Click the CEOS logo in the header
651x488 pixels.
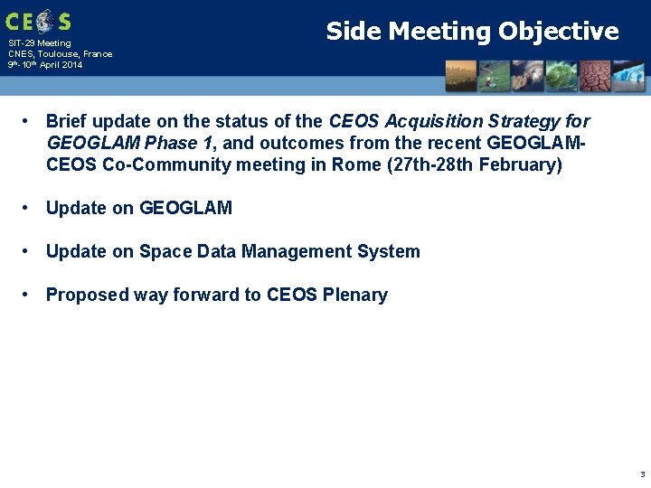[x=37, y=21]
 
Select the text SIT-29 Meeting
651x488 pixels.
[x=39, y=43]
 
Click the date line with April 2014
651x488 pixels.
[x=45, y=65]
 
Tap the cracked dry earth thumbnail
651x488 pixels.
[x=594, y=76]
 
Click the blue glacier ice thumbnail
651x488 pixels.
[x=629, y=76]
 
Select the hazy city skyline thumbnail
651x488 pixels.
[x=461, y=76]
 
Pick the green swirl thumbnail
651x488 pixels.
[x=561, y=76]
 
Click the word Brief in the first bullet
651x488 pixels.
[x=67, y=121]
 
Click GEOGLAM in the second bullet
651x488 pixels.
[x=185, y=208]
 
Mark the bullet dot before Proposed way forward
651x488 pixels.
[x=29, y=295]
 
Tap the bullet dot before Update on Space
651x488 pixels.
[x=29, y=251]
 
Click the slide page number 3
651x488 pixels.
[x=642, y=474]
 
